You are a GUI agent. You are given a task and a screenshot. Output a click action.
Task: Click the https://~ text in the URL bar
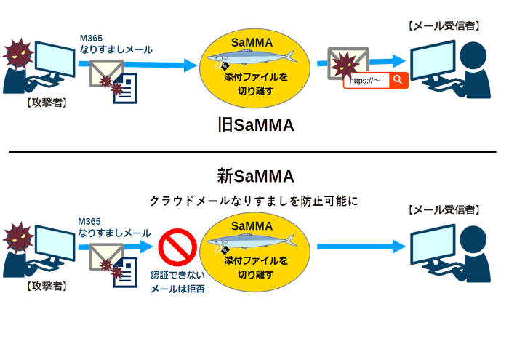tap(366, 81)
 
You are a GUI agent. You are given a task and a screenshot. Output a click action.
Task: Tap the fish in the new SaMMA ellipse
tap(252, 239)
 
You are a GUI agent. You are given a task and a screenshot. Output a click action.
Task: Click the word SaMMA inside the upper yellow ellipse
tap(251, 42)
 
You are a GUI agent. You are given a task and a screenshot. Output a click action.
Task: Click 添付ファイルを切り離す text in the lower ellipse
tap(251, 267)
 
